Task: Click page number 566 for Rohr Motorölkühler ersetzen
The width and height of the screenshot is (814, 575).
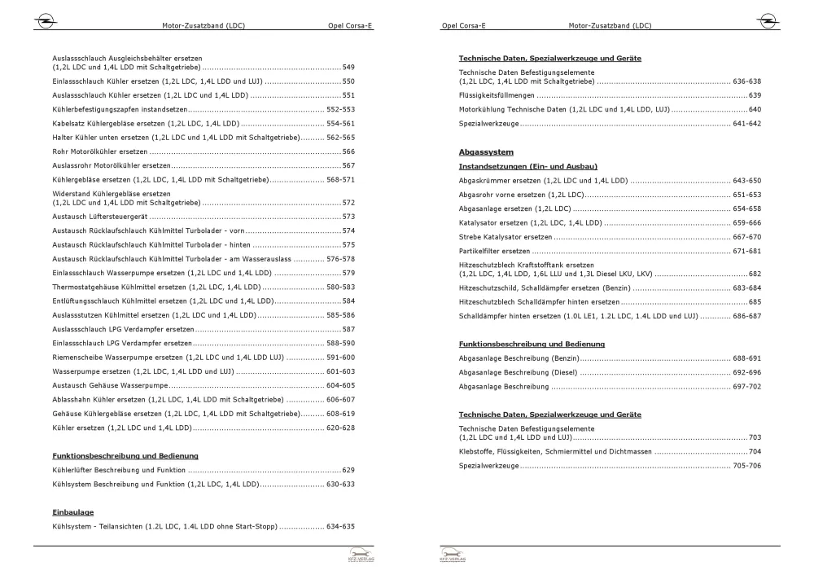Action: tap(348, 151)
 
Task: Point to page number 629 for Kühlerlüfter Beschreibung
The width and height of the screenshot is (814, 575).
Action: tap(348, 470)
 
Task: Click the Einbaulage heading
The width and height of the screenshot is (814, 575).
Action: tap(73, 512)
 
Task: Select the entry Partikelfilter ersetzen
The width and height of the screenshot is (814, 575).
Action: tap(495, 251)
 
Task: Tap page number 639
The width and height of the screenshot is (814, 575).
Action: tap(755, 95)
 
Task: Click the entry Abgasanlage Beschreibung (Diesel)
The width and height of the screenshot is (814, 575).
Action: tap(519, 372)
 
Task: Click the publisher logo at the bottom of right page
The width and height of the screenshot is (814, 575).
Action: tap(449, 556)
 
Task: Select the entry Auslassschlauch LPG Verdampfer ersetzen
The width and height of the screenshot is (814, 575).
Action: tap(123, 329)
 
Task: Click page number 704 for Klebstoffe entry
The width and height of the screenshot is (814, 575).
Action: tap(755, 451)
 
